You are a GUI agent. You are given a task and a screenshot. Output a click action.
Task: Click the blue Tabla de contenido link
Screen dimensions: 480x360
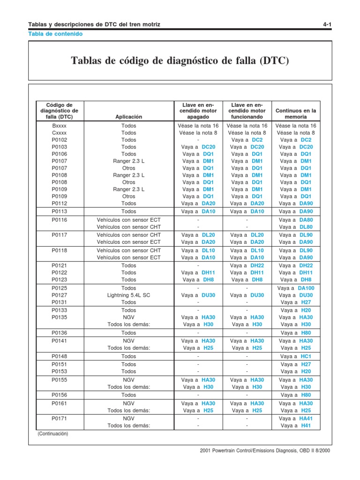pos(55,34)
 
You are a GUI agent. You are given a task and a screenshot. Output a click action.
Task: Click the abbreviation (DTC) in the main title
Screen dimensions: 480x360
pos(275,61)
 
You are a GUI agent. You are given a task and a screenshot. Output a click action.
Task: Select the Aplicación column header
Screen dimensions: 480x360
pos(128,117)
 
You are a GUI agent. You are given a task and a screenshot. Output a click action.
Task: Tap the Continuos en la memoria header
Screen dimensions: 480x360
pos(296,113)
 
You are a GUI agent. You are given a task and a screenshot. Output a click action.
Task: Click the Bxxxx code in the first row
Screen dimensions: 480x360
pos(60,126)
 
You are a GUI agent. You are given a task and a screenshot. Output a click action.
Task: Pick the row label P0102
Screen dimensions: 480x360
pos(60,140)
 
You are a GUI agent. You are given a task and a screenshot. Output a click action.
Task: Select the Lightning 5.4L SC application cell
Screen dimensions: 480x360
pos(128,295)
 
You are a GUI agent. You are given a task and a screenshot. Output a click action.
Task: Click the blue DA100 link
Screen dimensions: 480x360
pos(306,288)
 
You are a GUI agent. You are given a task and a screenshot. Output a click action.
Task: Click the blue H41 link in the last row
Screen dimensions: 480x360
pos(306,426)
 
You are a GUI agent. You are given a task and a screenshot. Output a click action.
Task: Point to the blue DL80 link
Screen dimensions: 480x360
pos(306,227)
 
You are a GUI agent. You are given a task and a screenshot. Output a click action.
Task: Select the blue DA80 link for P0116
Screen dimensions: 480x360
pos(306,219)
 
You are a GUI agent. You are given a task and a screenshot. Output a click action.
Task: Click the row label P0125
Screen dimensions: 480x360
pos(60,288)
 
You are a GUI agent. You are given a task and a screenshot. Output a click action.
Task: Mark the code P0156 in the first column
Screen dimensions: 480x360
pos(60,395)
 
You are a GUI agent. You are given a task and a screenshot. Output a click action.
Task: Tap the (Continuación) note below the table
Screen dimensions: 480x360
pos(52,434)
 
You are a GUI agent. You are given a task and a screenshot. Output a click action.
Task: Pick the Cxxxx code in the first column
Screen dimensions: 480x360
pos(60,133)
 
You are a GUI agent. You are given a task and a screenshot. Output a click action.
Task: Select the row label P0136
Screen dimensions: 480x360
pos(60,333)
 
